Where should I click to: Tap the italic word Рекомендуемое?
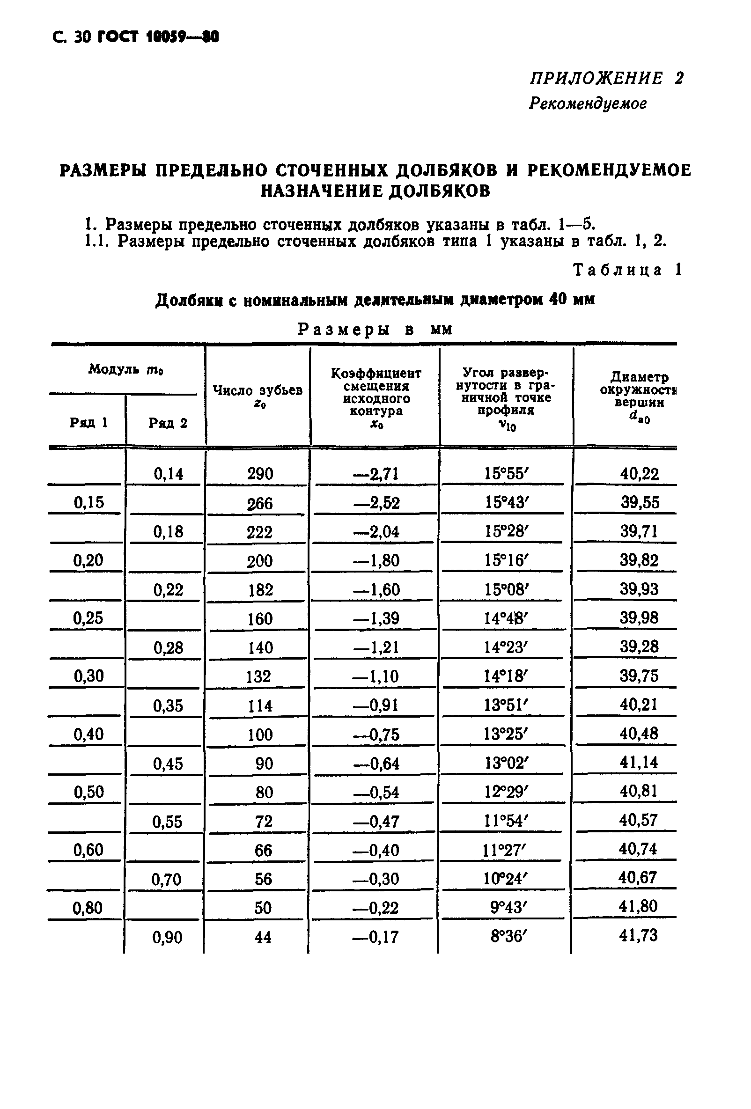pyautogui.click(x=587, y=103)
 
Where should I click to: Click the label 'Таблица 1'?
pyautogui.click(x=626, y=270)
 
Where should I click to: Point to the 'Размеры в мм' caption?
pyautogui.click(x=375, y=329)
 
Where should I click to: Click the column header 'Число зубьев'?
pyautogui.click(x=258, y=391)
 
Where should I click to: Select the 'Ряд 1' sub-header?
pyautogui.click(x=88, y=422)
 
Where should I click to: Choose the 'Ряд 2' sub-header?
pyautogui.click(x=168, y=423)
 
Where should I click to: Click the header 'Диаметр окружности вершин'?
pyautogui.click(x=639, y=390)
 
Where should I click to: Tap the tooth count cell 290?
pyautogui.click(x=260, y=474)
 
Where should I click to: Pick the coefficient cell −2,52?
pyautogui.click(x=376, y=502)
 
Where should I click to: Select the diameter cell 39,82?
pyautogui.click(x=639, y=560)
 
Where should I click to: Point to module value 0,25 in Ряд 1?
pyautogui.click(x=88, y=618)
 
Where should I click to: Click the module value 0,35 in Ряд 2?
pyautogui.click(x=168, y=706)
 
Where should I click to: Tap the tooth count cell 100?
pyautogui.click(x=259, y=734)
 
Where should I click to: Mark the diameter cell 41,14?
pyautogui.click(x=639, y=763)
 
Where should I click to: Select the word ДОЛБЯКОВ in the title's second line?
pyautogui.click(x=440, y=191)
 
